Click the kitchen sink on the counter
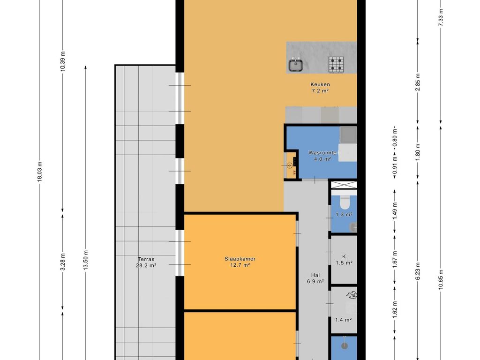pos(296,64)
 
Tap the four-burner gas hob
pos(336,65)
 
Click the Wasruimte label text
pos(322,153)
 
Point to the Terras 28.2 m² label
pos(146,262)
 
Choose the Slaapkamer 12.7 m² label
pos(240,262)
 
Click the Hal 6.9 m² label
pos(315,278)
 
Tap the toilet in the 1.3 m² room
pos(345,201)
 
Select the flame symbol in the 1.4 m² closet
pos(352,295)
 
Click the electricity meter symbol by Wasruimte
pos(289,165)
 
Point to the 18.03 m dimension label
pos(39,172)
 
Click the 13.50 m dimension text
pos(86,260)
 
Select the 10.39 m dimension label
pos(63,61)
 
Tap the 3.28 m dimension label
pos(63,262)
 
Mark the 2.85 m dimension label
pos(418,82)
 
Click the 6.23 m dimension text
pos(418,270)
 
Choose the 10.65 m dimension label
pos(441,279)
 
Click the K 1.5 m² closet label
pos(344,260)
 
